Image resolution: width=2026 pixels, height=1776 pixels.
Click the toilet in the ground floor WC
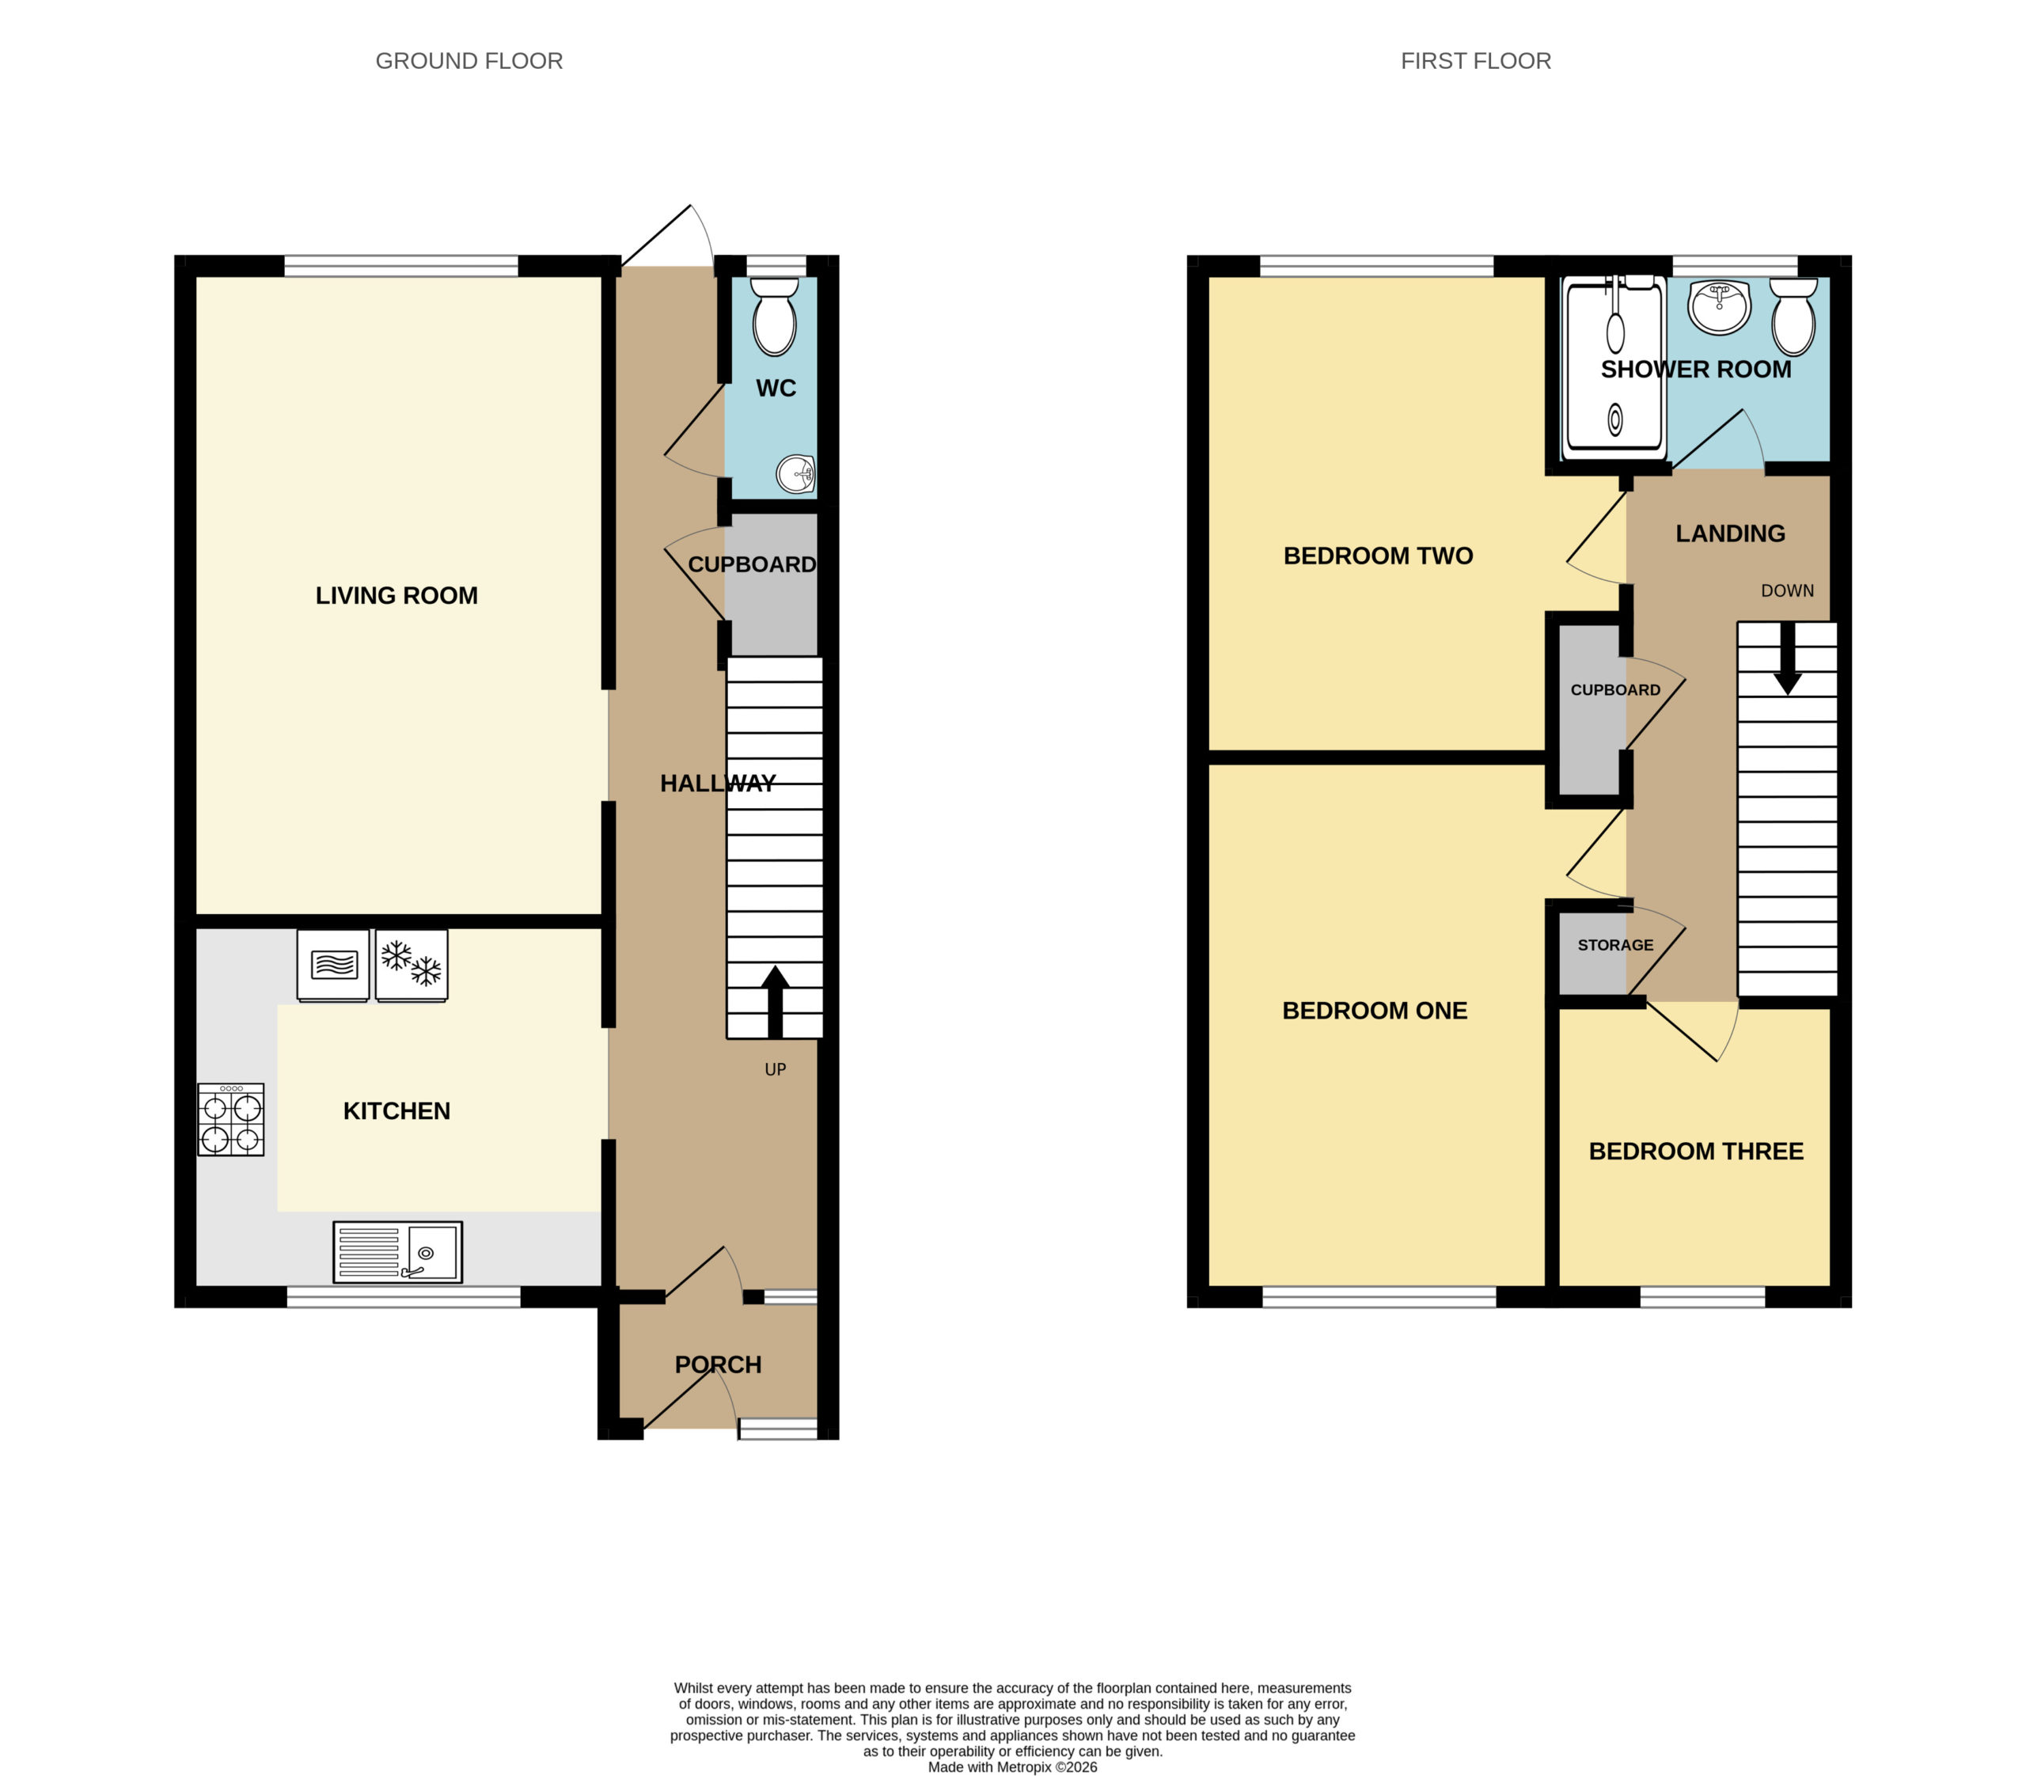click(774, 315)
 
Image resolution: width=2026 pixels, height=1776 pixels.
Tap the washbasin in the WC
click(796, 474)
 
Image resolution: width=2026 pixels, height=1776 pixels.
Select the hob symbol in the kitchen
click(231, 1119)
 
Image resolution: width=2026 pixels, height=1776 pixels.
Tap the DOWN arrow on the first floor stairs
click(1787, 657)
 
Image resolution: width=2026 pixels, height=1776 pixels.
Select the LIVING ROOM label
click(396, 596)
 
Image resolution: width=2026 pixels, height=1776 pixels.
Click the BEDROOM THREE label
click(1696, 1151)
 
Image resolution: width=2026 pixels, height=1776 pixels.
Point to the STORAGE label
click(1615, 946)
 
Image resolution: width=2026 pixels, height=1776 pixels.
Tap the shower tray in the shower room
click(1614, 368)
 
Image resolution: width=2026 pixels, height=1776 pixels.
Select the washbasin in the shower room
click(1720, 306)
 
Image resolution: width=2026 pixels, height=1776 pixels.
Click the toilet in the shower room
click(1793, 315)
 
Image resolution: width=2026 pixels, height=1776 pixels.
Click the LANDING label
click(1731, 533)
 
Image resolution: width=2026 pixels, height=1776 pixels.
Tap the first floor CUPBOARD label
click(1615, 690)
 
